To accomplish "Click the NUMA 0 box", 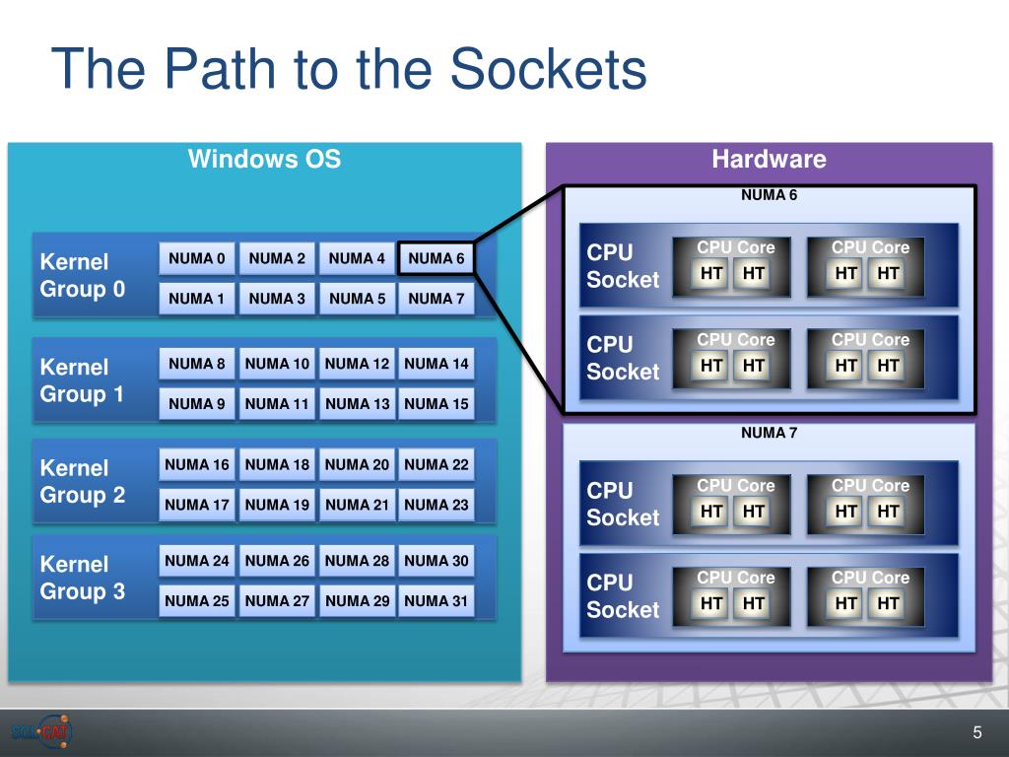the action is (x=197, y=258).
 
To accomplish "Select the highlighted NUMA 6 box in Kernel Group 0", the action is (x=437, y=258).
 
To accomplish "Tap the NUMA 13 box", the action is (x=357, y=403).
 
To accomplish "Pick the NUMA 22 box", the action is (x=437, y=464).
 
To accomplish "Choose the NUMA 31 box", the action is (x=437, y=600).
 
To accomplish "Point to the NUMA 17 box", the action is (x=197, y=505).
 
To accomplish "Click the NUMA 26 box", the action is (x=277, y=561).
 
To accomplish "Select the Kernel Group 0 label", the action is (x=83, y=275).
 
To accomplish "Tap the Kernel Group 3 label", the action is (x=83, y=578).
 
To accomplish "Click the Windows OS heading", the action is (x=264, y=159).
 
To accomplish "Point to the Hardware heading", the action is (x=769, y=159).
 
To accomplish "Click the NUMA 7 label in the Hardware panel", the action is (x=769, y=433).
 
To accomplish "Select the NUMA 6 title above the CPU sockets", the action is (x=769, y=195).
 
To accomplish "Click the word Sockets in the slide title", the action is (x=548, y=68).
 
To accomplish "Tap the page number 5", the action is (x=977, y=732).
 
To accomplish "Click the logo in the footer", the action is (x=41, y=731).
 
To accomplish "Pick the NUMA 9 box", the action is (x=197, y=403).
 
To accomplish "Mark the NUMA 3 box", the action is (x=277, y=299).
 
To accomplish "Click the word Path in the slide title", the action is (x=220, y=68).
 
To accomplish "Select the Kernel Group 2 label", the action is (x=83, y=481).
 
